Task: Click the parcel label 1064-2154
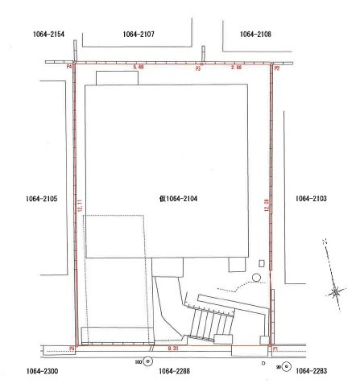pos(49,35)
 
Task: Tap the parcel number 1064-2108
pos(256,35)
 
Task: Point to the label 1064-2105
pos(41,198)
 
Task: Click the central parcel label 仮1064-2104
pos(179,197)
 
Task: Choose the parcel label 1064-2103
pos(310,198)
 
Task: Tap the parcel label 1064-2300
pos(41,371)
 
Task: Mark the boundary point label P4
pos(70,67)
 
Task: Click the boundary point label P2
pos(276,69)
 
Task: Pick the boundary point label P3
pos(198,69)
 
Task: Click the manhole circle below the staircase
pos(147,363)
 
